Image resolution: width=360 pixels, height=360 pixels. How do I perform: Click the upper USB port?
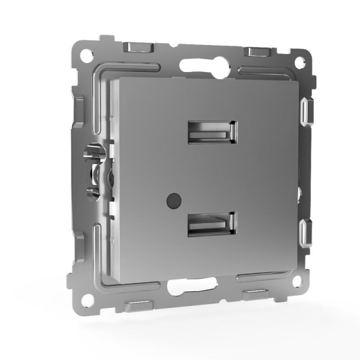(x=212, y=131)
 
